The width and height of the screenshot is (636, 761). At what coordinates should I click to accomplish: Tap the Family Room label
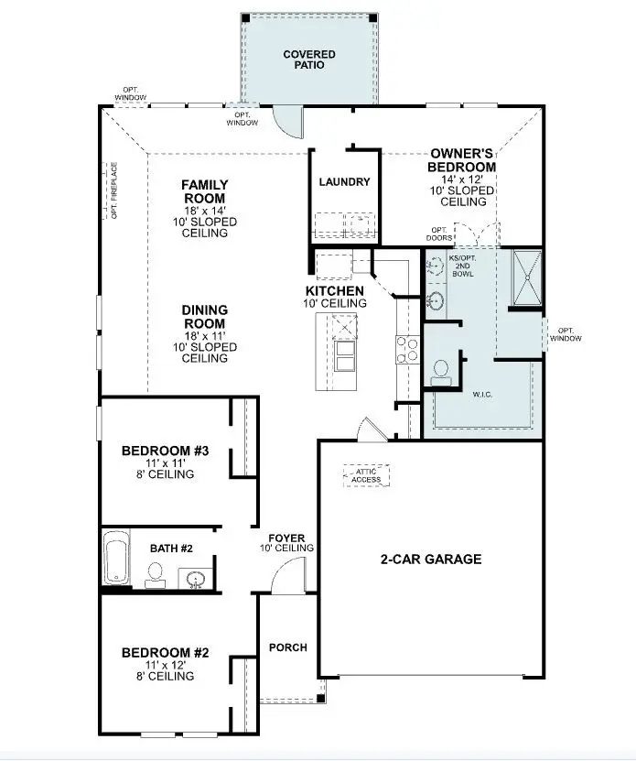204,191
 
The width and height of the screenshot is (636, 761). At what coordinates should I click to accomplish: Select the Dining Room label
204,317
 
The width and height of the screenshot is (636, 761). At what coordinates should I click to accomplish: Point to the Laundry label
344,182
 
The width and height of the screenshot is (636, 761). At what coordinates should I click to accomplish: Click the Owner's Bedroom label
462,161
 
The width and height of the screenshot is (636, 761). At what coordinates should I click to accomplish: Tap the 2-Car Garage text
431,560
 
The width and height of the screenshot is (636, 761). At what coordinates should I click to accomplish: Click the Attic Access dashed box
366,474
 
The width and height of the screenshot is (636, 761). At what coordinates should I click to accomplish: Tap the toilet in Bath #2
155,574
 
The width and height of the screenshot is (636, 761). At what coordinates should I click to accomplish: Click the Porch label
287,647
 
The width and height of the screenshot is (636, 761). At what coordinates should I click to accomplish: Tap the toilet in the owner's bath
441,370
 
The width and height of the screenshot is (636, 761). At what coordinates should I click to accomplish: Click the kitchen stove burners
407,349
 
